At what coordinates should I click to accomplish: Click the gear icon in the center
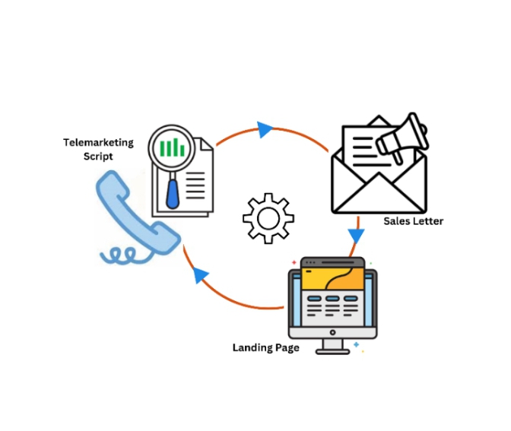pyautogui.click(x=268, y=218)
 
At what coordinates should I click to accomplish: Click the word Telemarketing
pyautogui.click(x=98, y=142)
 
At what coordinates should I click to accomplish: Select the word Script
pyautogui.click(x=98, y=156)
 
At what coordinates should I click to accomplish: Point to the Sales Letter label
pyautogui.click(x=413, y=221)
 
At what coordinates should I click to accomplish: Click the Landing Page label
pyautogui.click(x=265, y=347)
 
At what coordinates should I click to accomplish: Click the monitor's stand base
pyautogui.click(x=333, y=350)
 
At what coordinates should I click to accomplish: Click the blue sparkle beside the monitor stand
pyautogui.click(x=357, y=345)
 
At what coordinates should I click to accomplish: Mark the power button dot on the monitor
pyautogui.click(x=333, y=332)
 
